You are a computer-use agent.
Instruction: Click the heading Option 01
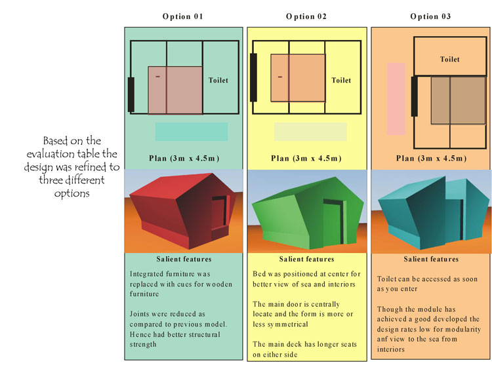[182, 16]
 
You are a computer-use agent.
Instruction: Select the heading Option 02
[306, 16]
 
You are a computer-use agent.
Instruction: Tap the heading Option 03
[430, 16]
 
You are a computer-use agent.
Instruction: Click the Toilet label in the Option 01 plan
[218, 81]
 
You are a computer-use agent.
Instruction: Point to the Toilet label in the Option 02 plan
[341, 81]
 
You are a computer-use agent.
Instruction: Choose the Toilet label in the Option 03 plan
[449, 60]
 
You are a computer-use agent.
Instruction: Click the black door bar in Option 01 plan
[131, 94]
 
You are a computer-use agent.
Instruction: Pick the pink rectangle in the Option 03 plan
[396, 98]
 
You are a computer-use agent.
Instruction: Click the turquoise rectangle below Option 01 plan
[192, 132]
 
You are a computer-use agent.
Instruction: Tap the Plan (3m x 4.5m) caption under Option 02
[306, 159]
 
